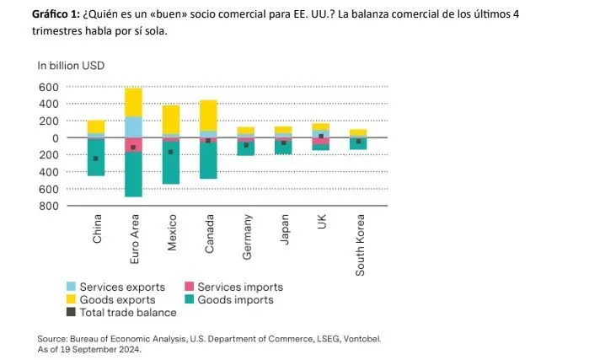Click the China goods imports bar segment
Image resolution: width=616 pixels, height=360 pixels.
coord(96,165)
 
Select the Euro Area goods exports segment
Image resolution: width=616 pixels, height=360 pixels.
coord(133,102)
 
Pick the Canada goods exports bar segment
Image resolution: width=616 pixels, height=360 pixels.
coord(208,115)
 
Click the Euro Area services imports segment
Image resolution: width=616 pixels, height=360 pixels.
coord(133,144)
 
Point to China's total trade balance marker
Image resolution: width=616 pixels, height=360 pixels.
coord(96,159)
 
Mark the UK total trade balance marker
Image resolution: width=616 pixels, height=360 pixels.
coord(321,136)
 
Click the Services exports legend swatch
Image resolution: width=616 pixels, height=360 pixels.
coord(71,287)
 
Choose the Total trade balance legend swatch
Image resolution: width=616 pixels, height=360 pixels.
coord(71,312)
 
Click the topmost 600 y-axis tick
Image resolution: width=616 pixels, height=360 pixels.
coord(48,87)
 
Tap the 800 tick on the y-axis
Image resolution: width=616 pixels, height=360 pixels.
coord(48,205)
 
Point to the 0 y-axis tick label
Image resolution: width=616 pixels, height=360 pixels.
coord(54,137)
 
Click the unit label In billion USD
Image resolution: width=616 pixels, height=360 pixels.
coord(70,65)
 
